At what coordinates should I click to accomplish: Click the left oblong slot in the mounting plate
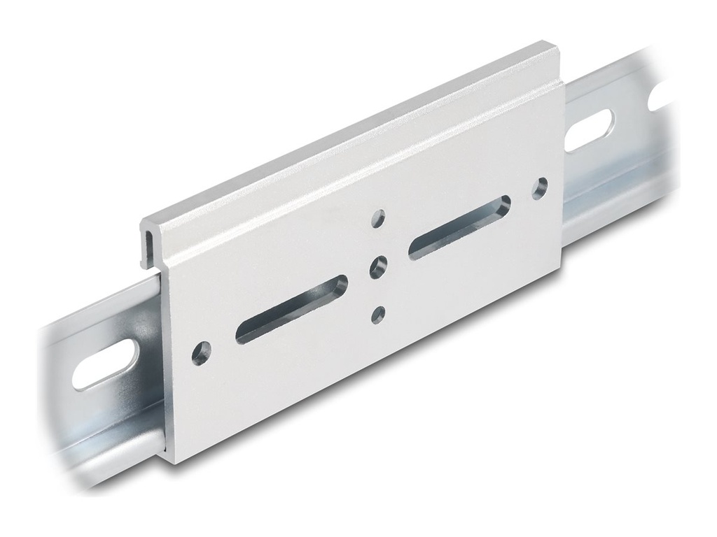(x=291, y=308)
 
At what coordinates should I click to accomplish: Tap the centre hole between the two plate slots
(x=379, y=266)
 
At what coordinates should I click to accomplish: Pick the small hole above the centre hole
(x=380, y=216)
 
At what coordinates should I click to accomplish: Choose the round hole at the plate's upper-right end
(x=540, y=187)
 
